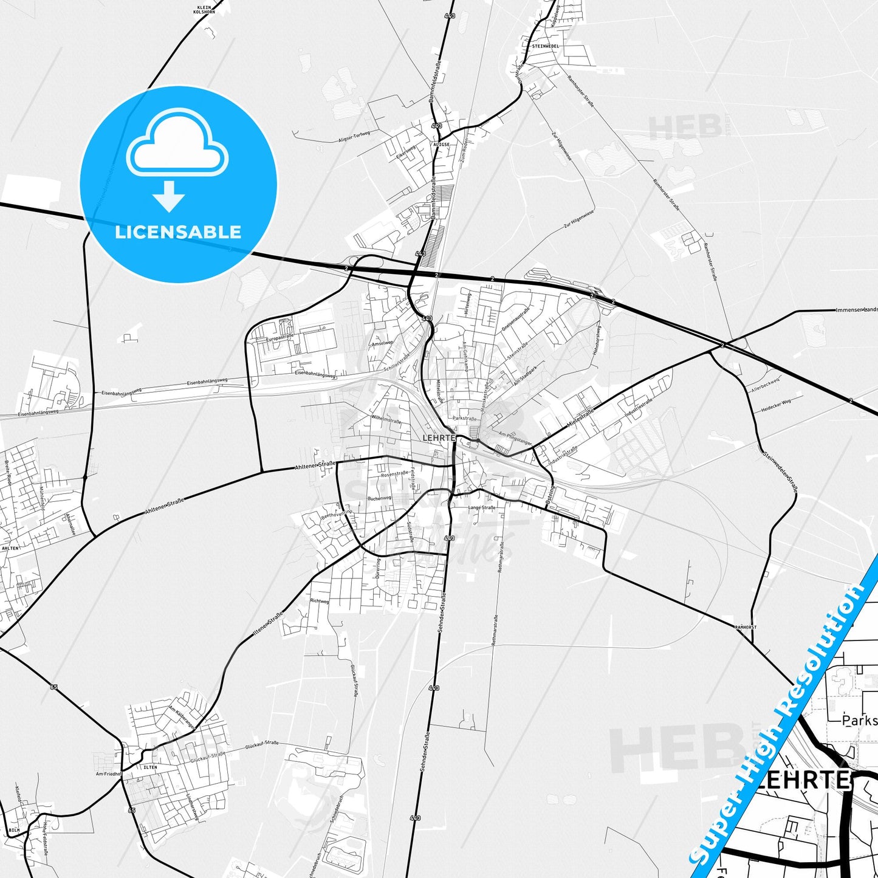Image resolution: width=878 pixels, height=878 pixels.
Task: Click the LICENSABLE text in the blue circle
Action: (178, 232)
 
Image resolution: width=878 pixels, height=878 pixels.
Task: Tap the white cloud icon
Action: (177, 145)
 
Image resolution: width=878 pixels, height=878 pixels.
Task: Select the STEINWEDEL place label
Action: (545, 46)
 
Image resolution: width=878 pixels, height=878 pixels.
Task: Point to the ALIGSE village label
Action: (441, 145)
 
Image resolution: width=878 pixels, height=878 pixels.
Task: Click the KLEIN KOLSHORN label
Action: (204, 9)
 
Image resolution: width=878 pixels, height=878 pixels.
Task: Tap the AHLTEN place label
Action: (10, 548)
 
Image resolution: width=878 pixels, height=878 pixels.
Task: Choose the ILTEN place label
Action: (150, 767)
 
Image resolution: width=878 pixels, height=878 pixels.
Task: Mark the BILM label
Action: (15, 830)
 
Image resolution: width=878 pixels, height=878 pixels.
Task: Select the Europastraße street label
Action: (280, 337)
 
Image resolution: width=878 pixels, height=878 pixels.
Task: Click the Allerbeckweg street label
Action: (765, 384)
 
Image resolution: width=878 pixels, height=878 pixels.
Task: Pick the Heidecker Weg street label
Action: (776, 406)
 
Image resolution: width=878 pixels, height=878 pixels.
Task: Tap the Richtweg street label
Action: (319, 601)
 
